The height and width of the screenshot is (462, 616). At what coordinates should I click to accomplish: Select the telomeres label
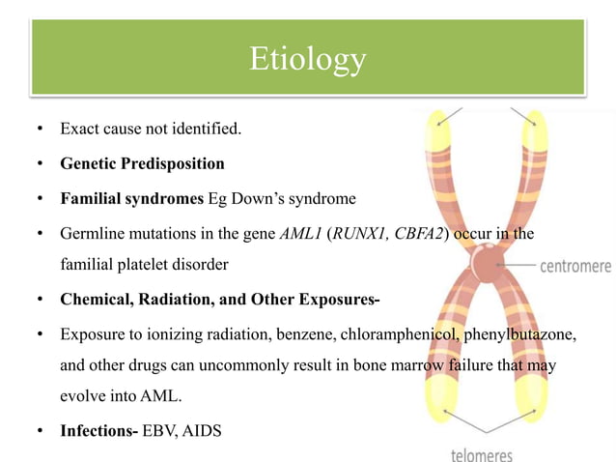click(x=483, y=453)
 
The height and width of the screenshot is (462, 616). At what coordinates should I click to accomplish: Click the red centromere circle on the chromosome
click(x=487, y=262)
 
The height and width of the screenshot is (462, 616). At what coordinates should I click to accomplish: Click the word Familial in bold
click(x=93, y=199)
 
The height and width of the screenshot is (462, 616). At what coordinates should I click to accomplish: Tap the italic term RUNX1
click(x=355, y=235)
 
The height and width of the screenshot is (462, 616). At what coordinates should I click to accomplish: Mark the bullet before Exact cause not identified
click(x=40, y=128)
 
